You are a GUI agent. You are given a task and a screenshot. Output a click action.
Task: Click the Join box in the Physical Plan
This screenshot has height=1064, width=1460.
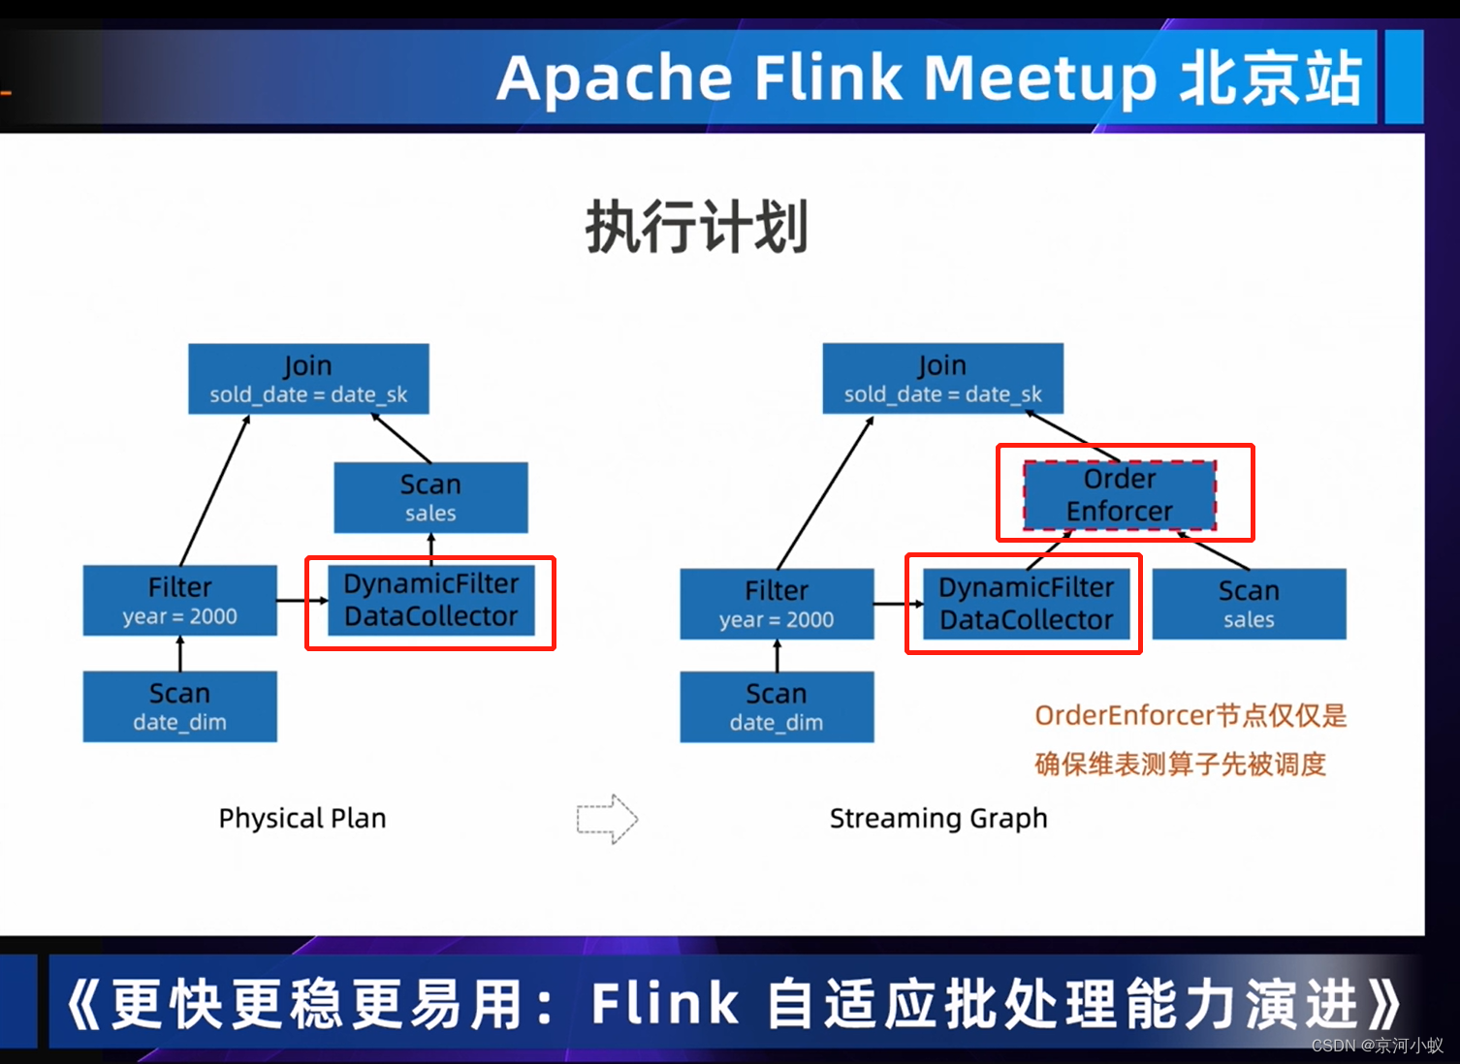coord(308,379)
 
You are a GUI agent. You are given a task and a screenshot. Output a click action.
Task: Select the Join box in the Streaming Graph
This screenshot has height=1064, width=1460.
coord(942,379)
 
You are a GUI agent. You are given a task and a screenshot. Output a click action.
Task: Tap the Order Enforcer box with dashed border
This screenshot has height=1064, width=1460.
coord(1120,495)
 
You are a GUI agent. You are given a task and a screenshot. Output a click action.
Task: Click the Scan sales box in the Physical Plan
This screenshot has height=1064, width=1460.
coord(430,497)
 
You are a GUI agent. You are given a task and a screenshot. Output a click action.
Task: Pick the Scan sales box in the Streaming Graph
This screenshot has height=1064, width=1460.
coord(1249,604)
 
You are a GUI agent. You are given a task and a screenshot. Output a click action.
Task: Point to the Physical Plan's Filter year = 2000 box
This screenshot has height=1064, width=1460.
coord(180,601)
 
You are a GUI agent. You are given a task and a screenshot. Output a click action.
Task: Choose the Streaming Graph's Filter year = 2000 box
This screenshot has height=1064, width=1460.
coord(777,604)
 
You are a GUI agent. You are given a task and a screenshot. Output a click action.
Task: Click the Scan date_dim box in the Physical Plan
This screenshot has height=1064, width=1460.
coord(180,706)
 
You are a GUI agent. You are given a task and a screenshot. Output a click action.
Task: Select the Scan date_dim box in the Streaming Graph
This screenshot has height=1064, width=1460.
coord(777,707)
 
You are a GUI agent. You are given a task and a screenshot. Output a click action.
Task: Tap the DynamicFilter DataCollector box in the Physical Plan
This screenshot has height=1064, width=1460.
coord(430,601)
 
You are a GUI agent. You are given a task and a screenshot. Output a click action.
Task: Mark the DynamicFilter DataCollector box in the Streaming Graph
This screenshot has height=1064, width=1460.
coord(1026,604)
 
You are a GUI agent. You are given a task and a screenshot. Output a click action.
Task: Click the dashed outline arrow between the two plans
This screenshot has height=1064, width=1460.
coord(607,819)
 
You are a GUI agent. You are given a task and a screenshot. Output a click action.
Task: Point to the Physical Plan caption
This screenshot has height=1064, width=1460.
coord(302,819)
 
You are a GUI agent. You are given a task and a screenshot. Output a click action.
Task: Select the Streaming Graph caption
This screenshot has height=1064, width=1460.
coord(938,819)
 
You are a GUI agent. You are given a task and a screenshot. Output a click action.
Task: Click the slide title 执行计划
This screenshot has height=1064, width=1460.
coord(696,228)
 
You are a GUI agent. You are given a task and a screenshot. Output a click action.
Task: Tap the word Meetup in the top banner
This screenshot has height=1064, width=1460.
coord(1040,78)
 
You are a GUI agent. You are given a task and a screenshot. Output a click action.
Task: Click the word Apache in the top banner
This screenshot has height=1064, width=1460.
coord(615,78)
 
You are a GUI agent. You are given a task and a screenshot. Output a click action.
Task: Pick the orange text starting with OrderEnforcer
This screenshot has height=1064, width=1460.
coord(1190,716)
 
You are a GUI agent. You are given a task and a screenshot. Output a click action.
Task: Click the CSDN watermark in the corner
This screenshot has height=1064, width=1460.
coord(1377,1046)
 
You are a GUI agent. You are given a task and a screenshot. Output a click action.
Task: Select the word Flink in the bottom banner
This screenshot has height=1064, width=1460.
coord(665,1003)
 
